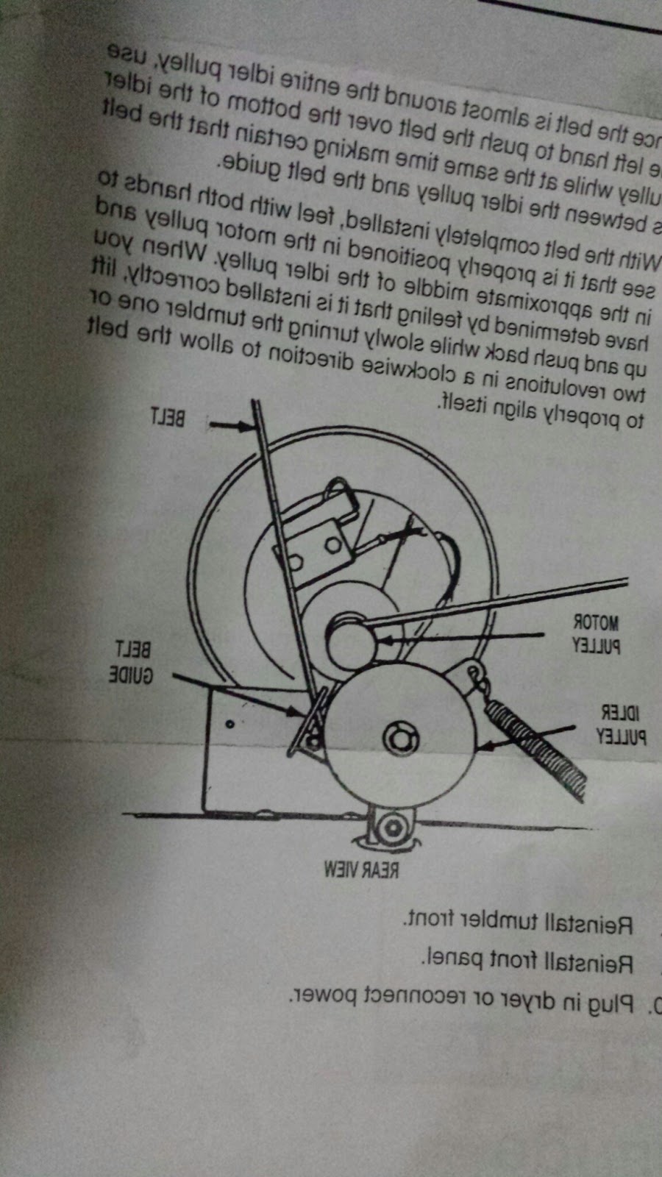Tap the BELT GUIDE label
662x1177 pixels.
click(x=132, y=663)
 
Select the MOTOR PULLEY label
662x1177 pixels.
click(x=597, y=634)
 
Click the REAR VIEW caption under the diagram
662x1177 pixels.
click(x=360, y=870)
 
